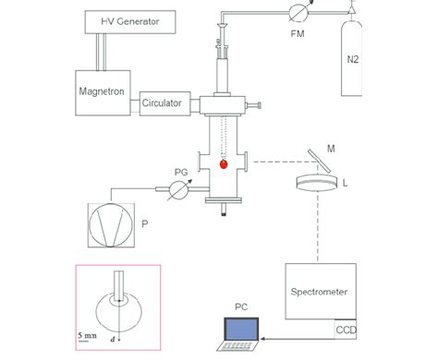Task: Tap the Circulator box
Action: pos(166,103)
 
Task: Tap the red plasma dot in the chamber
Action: pos(223,165)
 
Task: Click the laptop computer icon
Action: pos(243,334)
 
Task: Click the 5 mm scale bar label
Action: pos(86,333)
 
